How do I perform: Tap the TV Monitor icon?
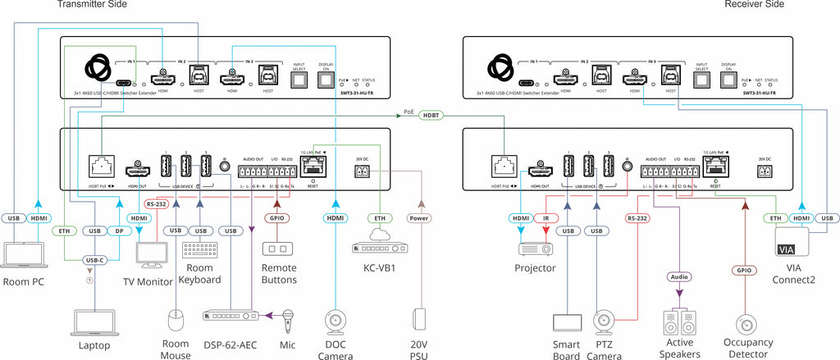coord(154,254)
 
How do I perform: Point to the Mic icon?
coord(289,317)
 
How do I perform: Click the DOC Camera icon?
coord(335,320)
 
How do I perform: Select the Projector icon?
coord(534,248)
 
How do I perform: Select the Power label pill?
coord(421,218)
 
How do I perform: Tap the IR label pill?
coord(546,218)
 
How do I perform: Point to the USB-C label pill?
coord(95,261)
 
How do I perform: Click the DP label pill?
coord(120,232)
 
